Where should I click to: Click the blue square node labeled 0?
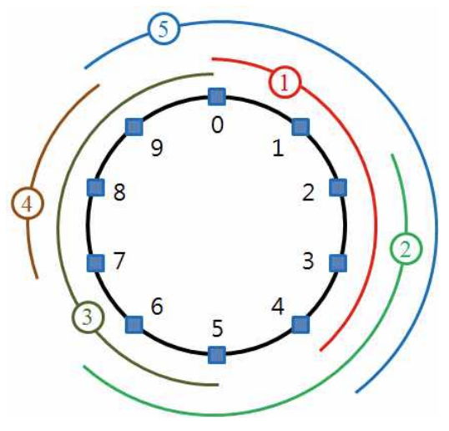[x=217, y=97]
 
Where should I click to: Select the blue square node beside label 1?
[x=300, y=127]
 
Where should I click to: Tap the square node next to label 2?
[x=338, y=187]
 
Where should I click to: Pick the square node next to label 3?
[x=338, y=263]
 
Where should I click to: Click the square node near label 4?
[x=300, y=324]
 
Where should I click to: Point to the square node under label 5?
[x=217, y=355]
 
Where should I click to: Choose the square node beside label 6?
[x=134, y=325]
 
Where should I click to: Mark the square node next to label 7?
[x=95, y=263]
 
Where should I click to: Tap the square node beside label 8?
[x=95, y=187]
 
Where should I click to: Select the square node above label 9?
[x=134, y=127]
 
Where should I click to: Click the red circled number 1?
[x=285, y=82]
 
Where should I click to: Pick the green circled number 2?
[x=406, y=248]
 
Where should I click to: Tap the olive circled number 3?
[x=88, y=317]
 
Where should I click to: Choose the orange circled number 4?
[x=28, y=203]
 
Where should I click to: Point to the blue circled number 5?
[x=164, y=28]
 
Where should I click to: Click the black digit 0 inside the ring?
[x=217, y=125]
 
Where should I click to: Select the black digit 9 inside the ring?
[x=157, y=148]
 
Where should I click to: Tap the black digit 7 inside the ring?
[x=119, y=261]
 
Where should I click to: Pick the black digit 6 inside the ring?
[x=157, y=307]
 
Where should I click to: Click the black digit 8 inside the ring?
[x=119, y=192]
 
